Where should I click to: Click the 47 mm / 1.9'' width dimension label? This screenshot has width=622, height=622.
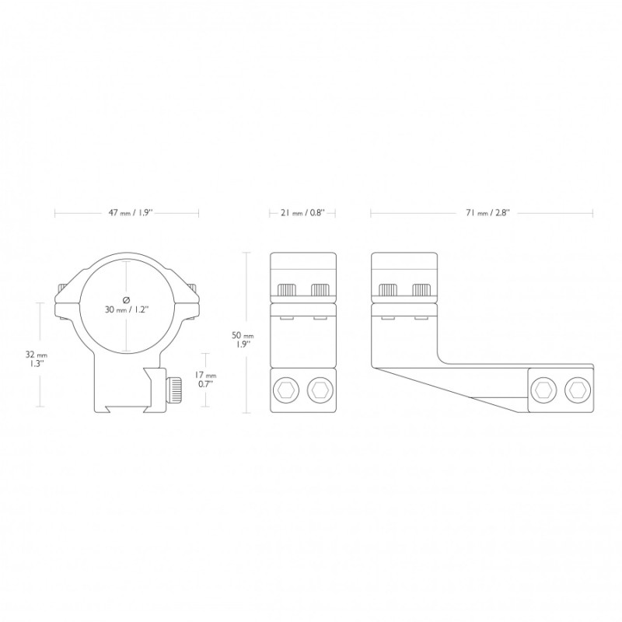click(x=131, y=213)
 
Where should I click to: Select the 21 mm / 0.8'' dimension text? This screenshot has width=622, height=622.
click(x=302, y=213)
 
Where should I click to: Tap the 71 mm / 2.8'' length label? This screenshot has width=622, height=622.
click(x=487, y=213)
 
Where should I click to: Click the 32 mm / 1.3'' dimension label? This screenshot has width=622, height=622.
click(x=36, y=359)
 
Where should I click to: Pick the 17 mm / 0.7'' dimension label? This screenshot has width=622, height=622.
click(x=205, y=379)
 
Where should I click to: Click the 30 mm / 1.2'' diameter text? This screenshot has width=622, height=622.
click(x=127, y=309)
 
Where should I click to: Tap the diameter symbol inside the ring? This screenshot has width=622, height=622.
click(x=127, y=299)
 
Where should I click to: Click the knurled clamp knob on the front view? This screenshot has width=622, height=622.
click(x=173, y=390)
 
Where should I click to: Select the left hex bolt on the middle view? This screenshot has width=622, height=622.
click(x=285, y=391)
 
